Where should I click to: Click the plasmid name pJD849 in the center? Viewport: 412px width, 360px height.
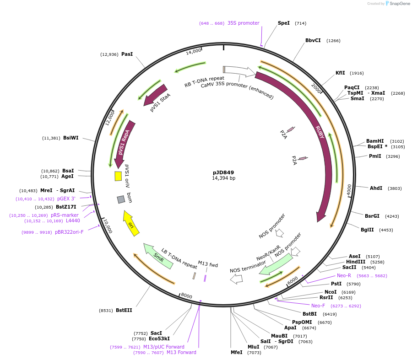click(223, 172)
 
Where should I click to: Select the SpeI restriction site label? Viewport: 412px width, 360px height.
click(284, 23)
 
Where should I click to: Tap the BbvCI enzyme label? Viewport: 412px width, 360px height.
click(313, 40)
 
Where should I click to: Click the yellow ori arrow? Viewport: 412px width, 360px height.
click(131, 223)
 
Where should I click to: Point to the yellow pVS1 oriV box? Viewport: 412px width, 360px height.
click(118, 176)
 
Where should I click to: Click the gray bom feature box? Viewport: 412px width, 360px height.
click(121, 199)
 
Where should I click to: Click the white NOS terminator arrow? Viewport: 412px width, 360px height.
click(236, 279)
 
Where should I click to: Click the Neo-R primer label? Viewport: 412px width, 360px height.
click(344, 275)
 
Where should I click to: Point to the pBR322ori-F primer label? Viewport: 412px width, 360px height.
click(69, 232)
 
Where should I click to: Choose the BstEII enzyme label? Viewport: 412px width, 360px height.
click(124, 310)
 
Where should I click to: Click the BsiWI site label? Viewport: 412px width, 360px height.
click(70, 138)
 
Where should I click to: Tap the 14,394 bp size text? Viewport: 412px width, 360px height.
click(223, 178)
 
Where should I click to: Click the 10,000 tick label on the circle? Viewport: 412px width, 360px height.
click(108, 226)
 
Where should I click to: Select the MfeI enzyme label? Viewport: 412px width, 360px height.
click(236, 352)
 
